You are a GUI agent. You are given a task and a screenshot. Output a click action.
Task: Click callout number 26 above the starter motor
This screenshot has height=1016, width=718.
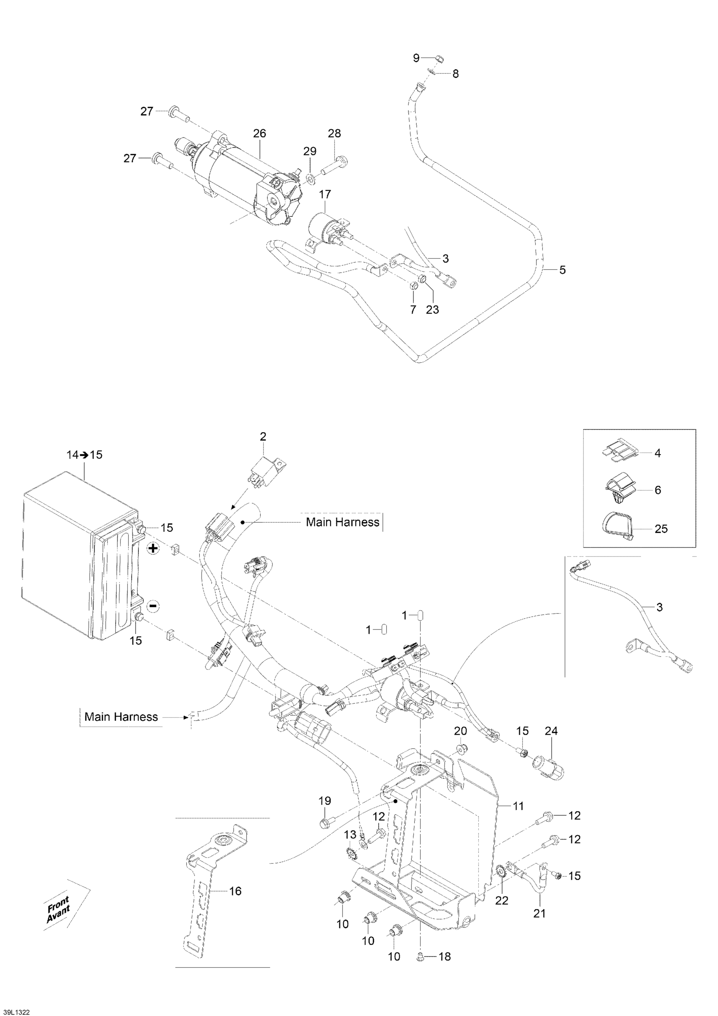(x=260, y=133)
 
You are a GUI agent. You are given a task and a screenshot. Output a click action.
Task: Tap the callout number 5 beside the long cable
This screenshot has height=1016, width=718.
(x=562, y=270)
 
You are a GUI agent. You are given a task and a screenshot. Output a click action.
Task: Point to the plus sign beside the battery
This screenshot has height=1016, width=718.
(x=153, y=549)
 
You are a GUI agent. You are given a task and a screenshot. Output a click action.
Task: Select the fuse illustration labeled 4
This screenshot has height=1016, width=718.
(x=619, y=453)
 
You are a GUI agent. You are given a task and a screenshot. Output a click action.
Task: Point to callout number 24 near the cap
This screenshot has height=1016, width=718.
(x=551, y=731)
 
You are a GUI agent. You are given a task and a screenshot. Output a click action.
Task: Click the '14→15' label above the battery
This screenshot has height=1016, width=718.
(x=84, y=454)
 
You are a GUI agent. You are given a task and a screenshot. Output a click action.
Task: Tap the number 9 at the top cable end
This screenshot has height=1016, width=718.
(x=416, y=58)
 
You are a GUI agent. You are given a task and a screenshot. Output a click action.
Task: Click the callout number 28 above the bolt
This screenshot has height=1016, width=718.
(x=334, y=133)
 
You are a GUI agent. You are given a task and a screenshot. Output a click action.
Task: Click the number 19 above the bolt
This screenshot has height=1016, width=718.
(x=325, y=801)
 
